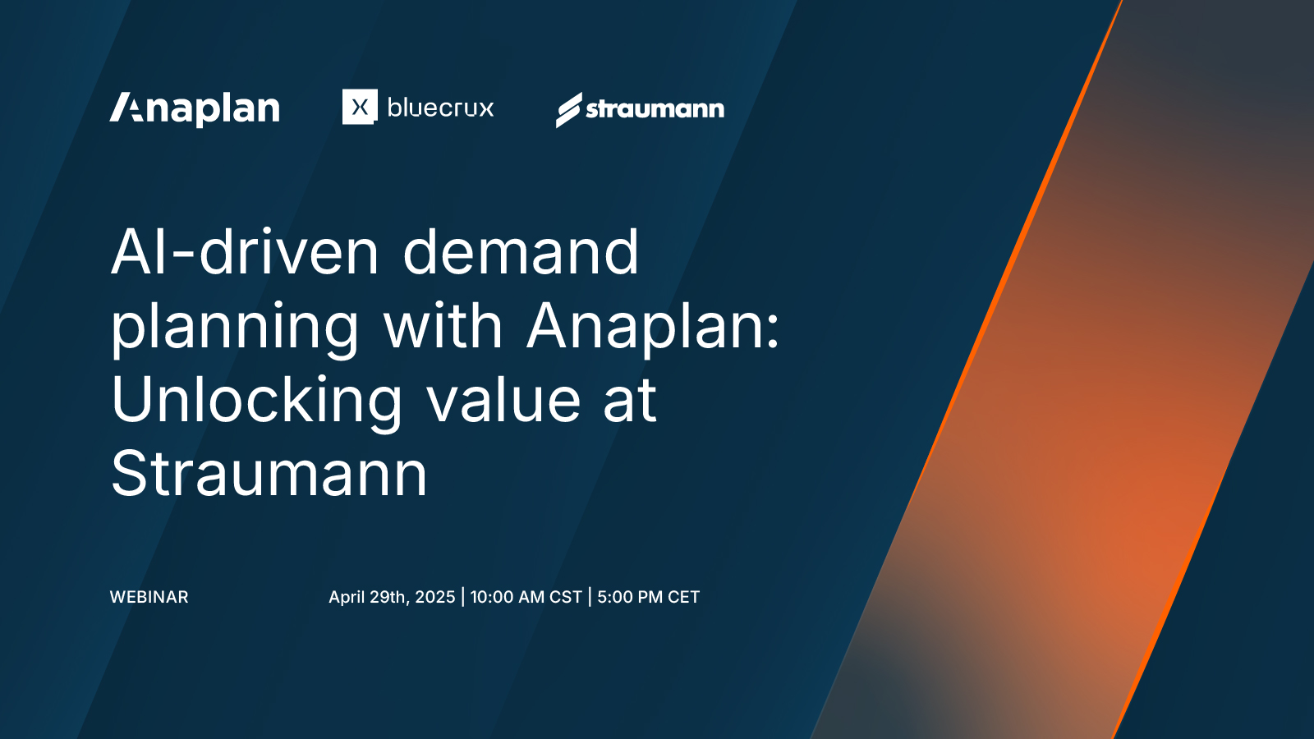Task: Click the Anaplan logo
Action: pos(195,108)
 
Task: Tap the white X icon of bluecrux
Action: pos(360,107)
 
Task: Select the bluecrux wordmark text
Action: pos(440,108)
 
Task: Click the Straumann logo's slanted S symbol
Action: pos(568,110)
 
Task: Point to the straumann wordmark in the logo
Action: pos(655,108)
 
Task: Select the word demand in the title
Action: pos(521,252)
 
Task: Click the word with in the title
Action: pos(443,326)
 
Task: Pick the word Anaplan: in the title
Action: pos(653,326)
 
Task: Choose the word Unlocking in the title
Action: pos(256,402)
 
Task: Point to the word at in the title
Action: pos(630,401)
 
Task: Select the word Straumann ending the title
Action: pos(269,474)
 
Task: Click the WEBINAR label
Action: pos(149,597)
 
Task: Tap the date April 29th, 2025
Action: pos(392,597)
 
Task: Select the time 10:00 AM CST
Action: pos(526,597)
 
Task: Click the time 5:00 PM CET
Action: pos(648,597)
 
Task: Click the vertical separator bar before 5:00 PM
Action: pos(590,597)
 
